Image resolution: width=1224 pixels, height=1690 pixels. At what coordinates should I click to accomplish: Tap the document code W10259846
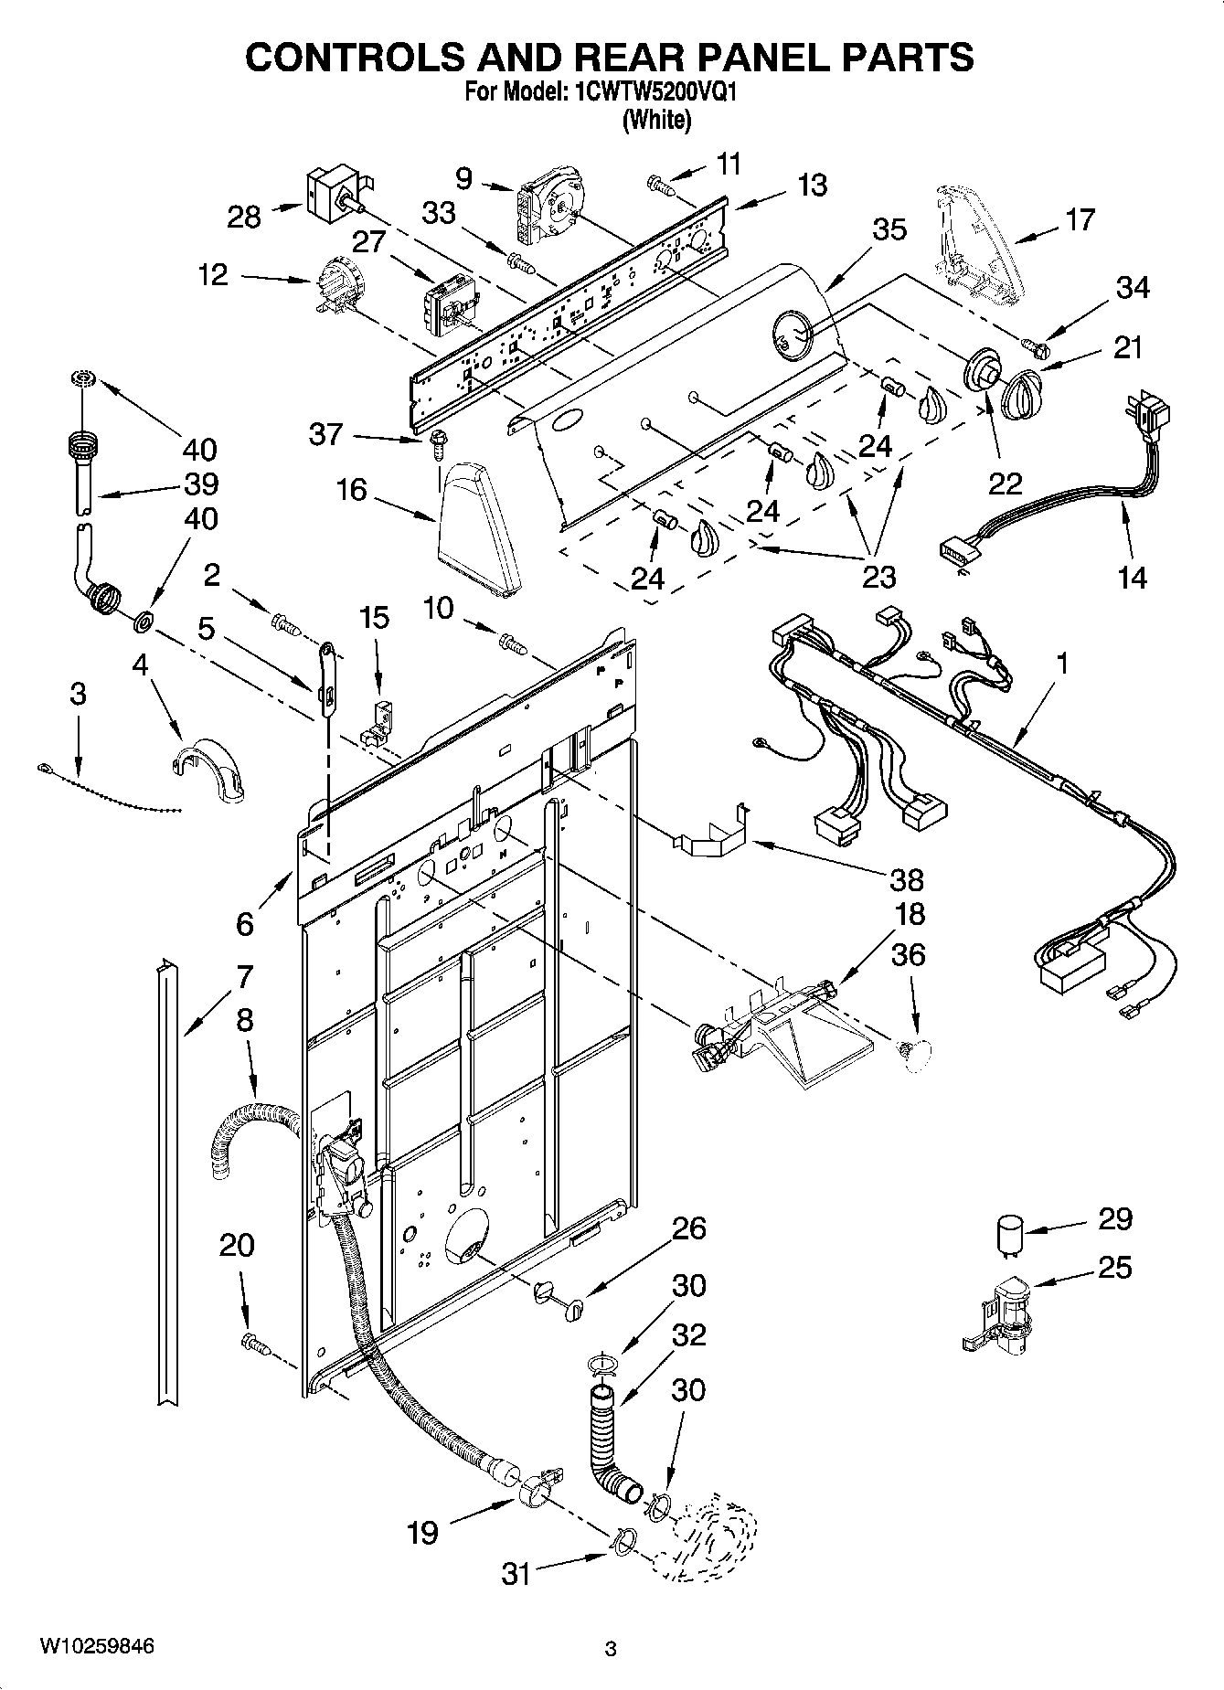coord(97,1646)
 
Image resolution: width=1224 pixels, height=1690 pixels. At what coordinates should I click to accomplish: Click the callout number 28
coord(245,217)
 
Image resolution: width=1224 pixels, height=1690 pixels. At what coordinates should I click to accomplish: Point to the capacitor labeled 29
coord(1008,1236)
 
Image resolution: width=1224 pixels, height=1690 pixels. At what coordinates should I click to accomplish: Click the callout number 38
coord(906,879)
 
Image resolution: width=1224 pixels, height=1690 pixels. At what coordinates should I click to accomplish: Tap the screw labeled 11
coord(660,186)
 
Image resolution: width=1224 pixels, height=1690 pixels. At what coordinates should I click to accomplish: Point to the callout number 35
coord(889,229)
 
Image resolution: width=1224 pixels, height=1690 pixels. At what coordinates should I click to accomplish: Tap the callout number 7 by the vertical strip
coord(243,978)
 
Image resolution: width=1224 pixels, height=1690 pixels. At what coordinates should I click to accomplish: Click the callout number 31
coord(516,1573)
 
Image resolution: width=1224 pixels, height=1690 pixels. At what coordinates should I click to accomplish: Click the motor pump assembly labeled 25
coord(1000,1313)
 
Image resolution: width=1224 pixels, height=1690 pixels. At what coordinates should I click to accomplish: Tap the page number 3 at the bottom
coord(611,1650)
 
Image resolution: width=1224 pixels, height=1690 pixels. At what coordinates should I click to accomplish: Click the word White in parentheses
coord(655,119)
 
